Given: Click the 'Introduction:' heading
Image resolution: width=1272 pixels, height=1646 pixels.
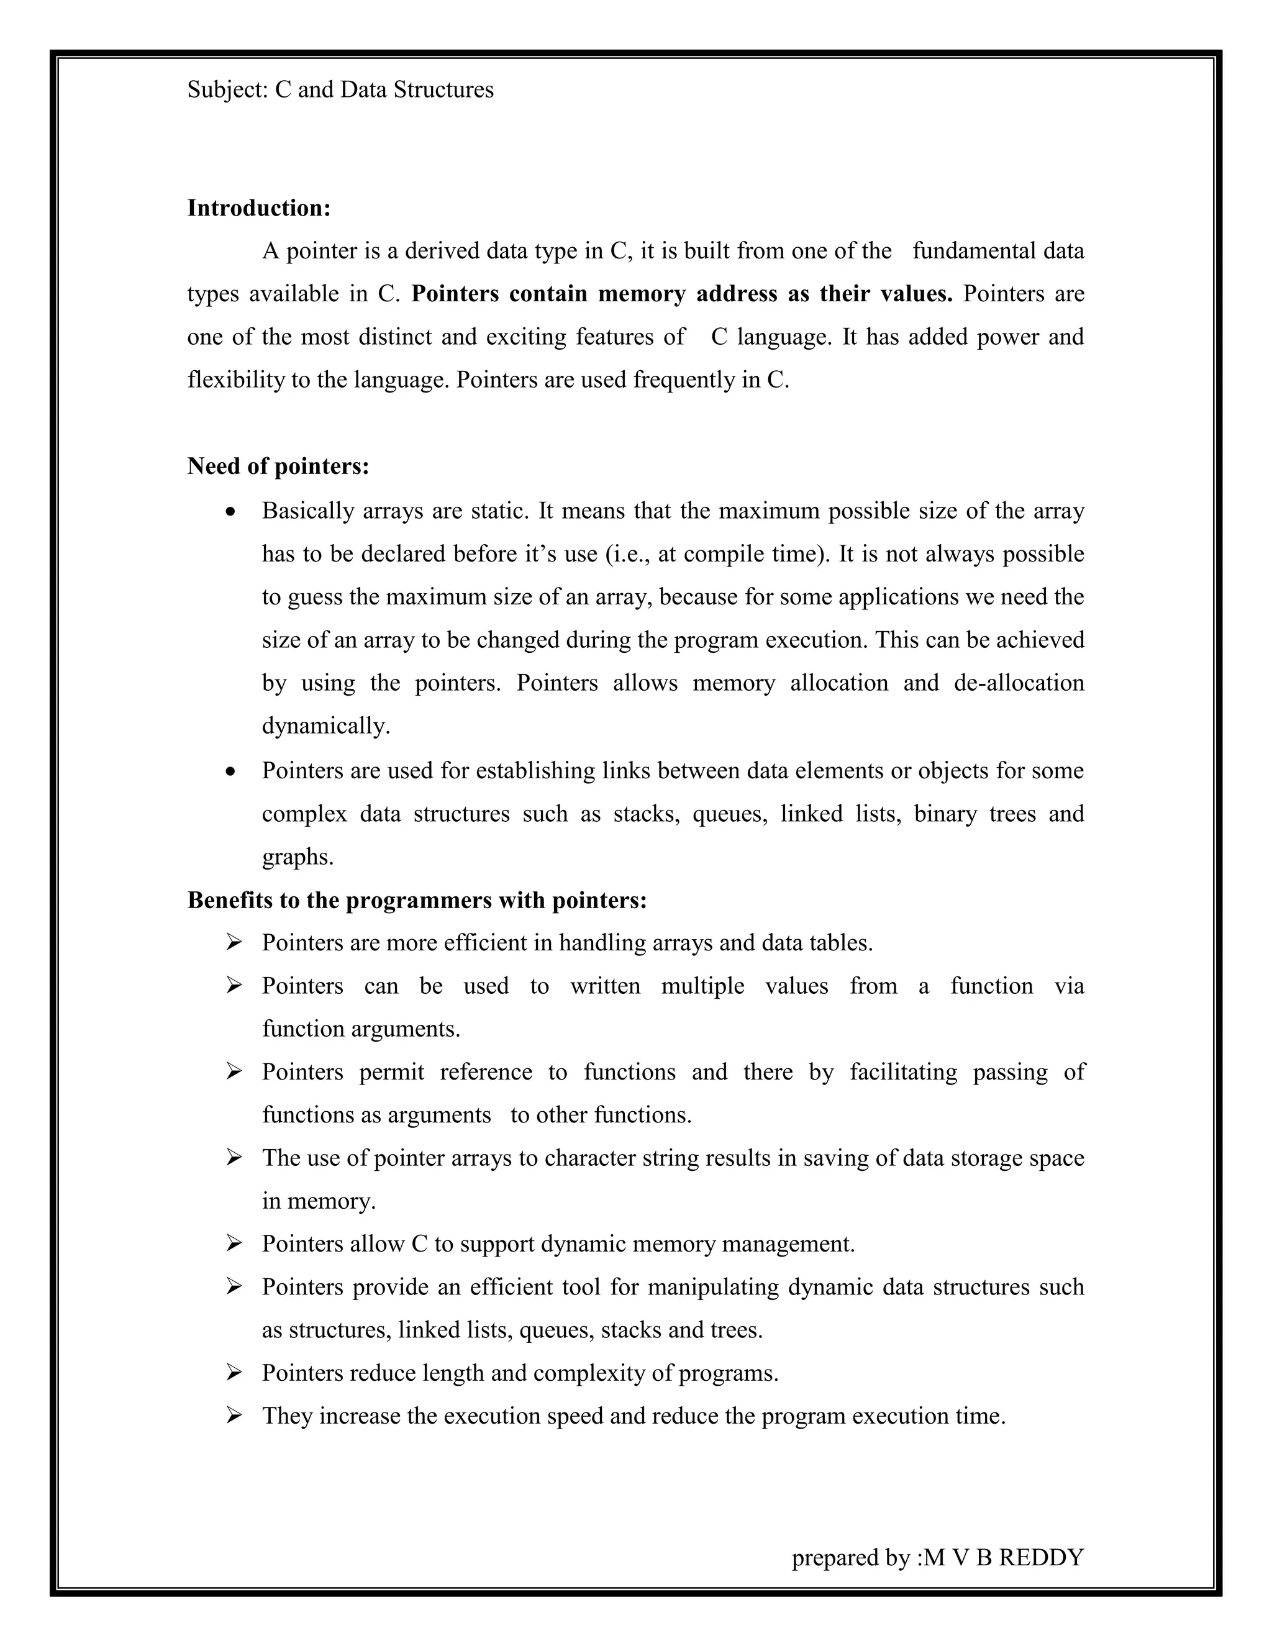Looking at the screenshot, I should [x=258, y=208].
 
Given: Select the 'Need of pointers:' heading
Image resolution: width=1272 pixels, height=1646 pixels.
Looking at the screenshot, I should [x=278, y=466].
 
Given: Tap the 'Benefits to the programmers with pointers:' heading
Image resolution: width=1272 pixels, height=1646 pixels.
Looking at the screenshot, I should [x=417, y=900].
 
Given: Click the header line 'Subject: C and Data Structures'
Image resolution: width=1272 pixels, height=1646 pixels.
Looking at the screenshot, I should [x=340, y=89].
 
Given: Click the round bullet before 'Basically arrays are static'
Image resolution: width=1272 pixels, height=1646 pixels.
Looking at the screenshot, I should [x=231, y=512].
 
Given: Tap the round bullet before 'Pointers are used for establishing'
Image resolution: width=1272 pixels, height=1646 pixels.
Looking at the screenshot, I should [x=231, y=771].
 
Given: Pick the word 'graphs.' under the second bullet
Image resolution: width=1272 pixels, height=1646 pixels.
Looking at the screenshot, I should [x=298, y=857].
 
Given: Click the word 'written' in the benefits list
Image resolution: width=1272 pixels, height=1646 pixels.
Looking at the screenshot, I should [x=605, y=986].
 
